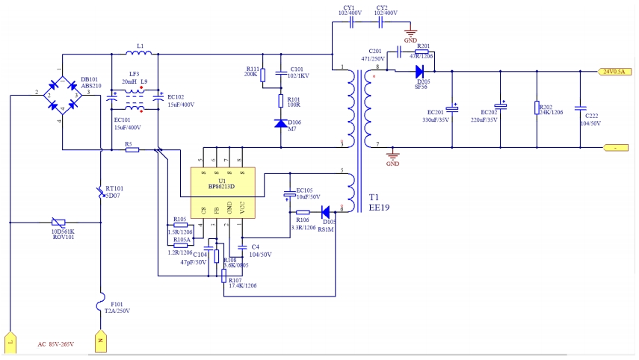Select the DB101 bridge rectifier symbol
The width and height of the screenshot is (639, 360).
(61, 95)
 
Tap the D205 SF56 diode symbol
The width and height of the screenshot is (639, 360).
(419, 72)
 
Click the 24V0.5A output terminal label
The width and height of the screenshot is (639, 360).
(615, 72)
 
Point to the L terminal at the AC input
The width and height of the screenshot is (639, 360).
(10, 341)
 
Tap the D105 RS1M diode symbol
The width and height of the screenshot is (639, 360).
(326, 211)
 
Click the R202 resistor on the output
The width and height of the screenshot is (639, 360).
(536, 108)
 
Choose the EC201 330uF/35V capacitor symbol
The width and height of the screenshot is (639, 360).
(451, 108)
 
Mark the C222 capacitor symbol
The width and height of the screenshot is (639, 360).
(579, 108)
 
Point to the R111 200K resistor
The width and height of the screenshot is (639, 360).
(263, 73)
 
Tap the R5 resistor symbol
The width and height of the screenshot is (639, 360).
(132, 149)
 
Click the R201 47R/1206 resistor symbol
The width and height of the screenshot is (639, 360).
(422, 52)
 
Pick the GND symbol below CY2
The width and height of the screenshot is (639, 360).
(410, 34)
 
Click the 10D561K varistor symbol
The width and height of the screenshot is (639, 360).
(57, 223)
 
